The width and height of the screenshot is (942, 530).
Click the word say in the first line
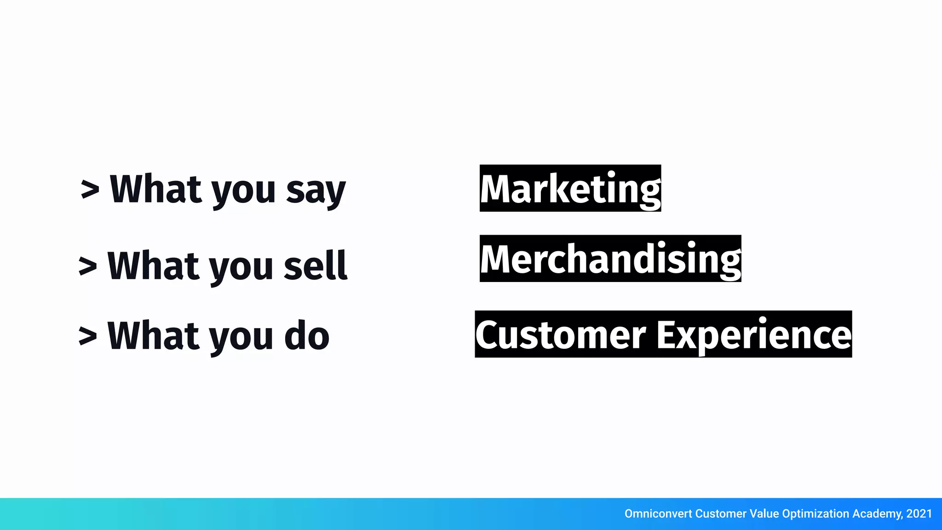coord(316,190)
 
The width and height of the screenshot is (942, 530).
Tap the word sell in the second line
coord(315,266)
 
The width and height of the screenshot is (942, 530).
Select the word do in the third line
coord(307,336)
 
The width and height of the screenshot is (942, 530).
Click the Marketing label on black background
coord(570,189)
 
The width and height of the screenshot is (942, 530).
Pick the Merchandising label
coord(610,259)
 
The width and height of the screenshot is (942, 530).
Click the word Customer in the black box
coord(560,335)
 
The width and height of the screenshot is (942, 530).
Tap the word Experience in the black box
coord(754,335)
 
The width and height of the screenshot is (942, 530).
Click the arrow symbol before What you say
coord(90,190)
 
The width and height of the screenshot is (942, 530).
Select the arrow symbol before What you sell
coord(88,266)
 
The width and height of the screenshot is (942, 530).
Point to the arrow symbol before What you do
coord(88,336)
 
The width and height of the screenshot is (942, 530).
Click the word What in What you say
coord(156,189)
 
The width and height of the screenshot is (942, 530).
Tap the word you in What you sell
coord(241,268)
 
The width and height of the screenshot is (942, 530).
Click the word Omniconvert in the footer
coord(658,514)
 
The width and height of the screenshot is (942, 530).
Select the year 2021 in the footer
coord(919,514)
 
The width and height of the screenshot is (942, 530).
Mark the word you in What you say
coord(244,191)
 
